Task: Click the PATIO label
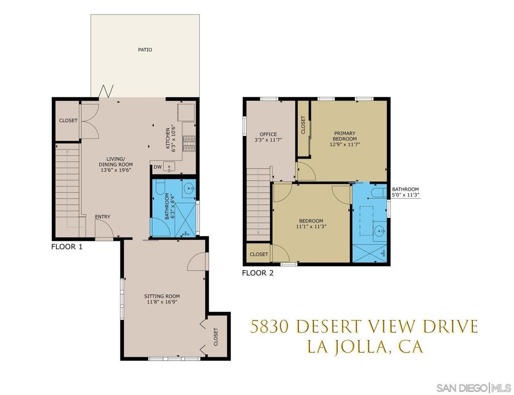(145, 50)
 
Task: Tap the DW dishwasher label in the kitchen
(158, 167)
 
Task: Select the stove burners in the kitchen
(189, 144)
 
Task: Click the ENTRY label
(102, 217)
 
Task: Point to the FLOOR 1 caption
(67, 247)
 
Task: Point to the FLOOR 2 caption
(258, 273)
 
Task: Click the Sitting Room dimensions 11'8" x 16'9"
(162, 302)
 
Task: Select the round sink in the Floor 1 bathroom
(189, 189)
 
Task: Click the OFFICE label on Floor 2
(268, 135)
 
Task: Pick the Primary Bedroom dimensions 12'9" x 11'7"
(345, 144)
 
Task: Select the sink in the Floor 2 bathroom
(379, 231)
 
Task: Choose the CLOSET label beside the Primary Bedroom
(303, 125)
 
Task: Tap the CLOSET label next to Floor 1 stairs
(68, 120)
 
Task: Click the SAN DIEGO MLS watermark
(473, 387)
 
